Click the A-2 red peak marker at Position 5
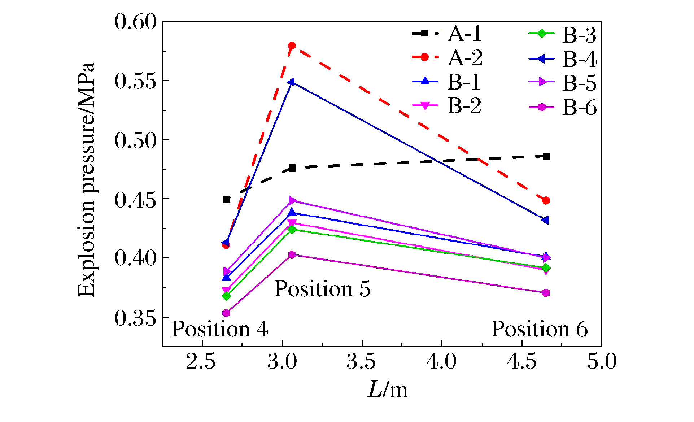tap(292, 46)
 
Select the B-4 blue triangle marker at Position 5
tap(291, 82)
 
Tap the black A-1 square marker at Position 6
tap(546, 156)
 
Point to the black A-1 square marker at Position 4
tap(227, 199)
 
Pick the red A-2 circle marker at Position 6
tap(546, 200)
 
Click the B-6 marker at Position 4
tap(226, 313)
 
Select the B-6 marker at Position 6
tap(546, 293)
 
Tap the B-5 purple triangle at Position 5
tap(293, 201)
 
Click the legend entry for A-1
tap(447, 34)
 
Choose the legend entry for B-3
tap(562, 35)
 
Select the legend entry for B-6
tap(562, 107)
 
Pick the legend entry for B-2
tap(447, 105)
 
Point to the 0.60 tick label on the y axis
tap(136, 22)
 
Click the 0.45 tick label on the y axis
tap(136, 199)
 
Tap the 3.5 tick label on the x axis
tap(361, 361)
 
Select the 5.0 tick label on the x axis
tap(602, 361)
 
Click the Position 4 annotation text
tap(220, 329)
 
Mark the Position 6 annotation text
tap(540, 329)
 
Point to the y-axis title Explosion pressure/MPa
tap(87, 179)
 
